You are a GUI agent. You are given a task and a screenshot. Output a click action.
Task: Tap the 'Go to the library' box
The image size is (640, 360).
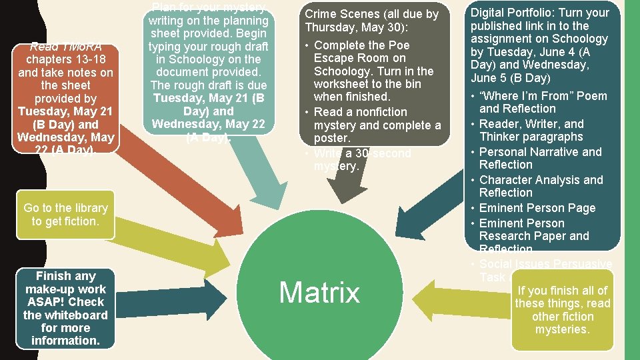click(65, 215)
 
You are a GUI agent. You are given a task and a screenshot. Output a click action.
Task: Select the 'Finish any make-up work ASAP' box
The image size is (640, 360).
click(65, 308)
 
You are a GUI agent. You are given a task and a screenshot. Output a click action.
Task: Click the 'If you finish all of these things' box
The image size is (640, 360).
click(562, 310)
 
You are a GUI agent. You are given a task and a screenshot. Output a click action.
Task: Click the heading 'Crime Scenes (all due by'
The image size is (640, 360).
click(371, 14)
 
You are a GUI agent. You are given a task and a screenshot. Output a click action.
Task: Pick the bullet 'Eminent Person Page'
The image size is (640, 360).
click(537, 208)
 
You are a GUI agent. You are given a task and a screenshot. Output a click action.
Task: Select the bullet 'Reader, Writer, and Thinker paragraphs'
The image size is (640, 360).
click(531, 130)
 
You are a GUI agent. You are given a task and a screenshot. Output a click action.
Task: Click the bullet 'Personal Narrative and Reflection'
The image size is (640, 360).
click(540, 158)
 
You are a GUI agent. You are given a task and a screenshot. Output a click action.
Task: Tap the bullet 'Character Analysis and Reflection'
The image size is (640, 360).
click(541, 186)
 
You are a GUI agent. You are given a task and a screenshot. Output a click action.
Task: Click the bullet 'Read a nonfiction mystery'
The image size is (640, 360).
click(377, 125)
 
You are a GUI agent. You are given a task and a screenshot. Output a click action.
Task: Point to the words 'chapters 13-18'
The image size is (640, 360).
click(65, 59)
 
